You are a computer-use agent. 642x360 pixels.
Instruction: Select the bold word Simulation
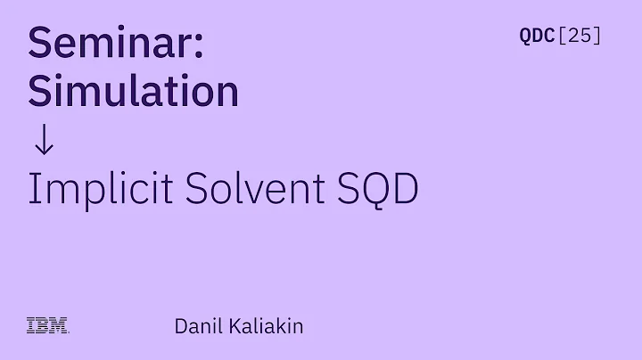pos(134,92)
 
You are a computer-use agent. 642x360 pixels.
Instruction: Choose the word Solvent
pos(239,189)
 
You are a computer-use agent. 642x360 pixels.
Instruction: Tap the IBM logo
pos(48,326)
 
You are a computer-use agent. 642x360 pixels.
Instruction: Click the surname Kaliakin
pos(266,326)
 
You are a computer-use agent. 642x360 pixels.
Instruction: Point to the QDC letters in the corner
pos(537,37)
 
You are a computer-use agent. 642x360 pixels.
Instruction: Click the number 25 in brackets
pos(580,37)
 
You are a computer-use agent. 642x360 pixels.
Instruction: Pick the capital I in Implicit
pos(33,189)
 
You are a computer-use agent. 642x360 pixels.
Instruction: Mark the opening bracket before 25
pos(562,37)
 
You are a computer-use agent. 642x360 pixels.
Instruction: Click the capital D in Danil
pos(181,326)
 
